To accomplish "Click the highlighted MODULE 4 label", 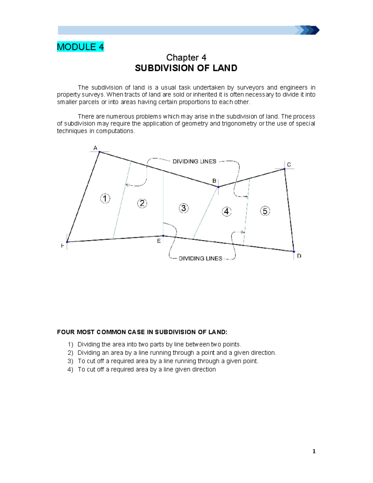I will (x=80, y=47).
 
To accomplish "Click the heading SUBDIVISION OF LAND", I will (x=186, y=68).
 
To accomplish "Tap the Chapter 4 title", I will (x=186, y=58).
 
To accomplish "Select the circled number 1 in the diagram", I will (x=105, y=198).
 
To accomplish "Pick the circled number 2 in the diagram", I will (x=142, y=203).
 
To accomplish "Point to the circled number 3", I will (x=184, y=208).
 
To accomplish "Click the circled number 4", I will (x=227, y=212).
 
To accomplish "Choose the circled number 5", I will (x=265, y=211).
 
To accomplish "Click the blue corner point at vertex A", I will (x=99, y=152).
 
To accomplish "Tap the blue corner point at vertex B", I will (x=219, y=187).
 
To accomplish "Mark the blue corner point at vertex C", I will (x=284, y=169).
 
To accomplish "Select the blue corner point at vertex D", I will (x=294, y=251).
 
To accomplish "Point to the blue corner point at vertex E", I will (x=163, y=236).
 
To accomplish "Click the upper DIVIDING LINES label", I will (x=194, y=161).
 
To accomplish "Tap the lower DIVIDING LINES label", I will (x=200, y=258).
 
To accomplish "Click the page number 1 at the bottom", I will (x=314, y=451).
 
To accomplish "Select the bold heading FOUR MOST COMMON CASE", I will (x=142, y=332).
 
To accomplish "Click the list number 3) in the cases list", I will (x=70, y=361).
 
